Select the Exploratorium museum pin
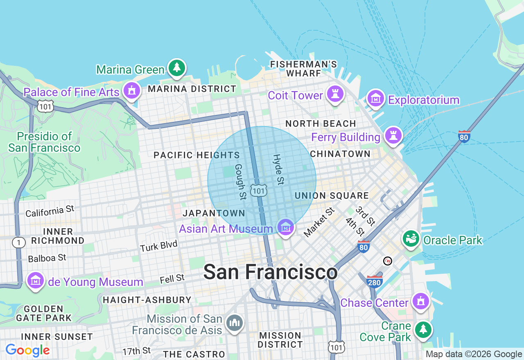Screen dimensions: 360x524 [375, 98]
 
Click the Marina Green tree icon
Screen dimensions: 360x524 [177, 68]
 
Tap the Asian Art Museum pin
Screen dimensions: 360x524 [285, 226]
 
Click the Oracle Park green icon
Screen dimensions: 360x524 [411, 239]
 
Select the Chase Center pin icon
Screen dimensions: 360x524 [420, 301]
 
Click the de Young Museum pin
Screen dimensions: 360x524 [36, 281]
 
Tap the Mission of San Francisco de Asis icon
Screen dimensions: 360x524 [235, 323]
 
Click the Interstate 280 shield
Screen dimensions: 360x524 [375, 281]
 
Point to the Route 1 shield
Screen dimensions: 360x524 [18, 243]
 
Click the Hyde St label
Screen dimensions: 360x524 [278, 169]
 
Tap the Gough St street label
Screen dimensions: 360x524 [240, 182]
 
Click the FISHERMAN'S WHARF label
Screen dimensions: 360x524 [303, 69]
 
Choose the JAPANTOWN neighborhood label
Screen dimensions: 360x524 [214, 213]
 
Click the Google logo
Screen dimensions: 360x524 [27, 350]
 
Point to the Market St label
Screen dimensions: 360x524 [319, 222]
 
